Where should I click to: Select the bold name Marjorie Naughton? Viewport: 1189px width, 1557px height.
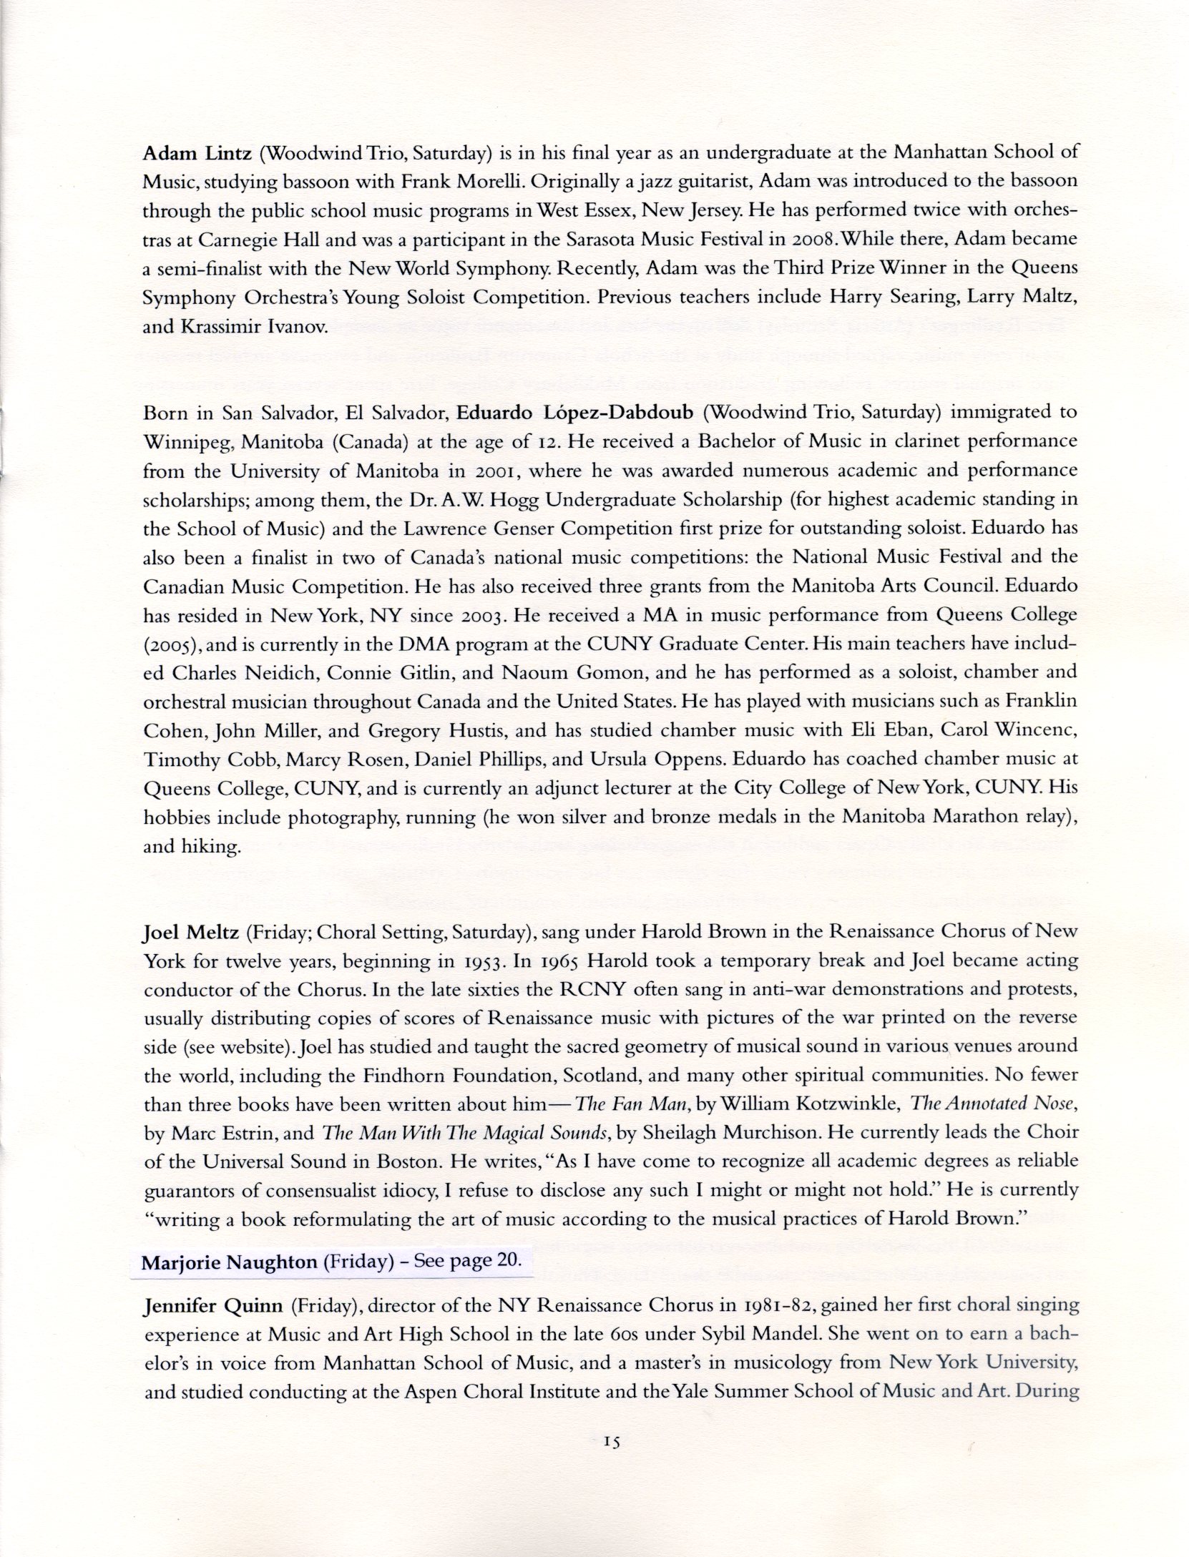pos(229,1282)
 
